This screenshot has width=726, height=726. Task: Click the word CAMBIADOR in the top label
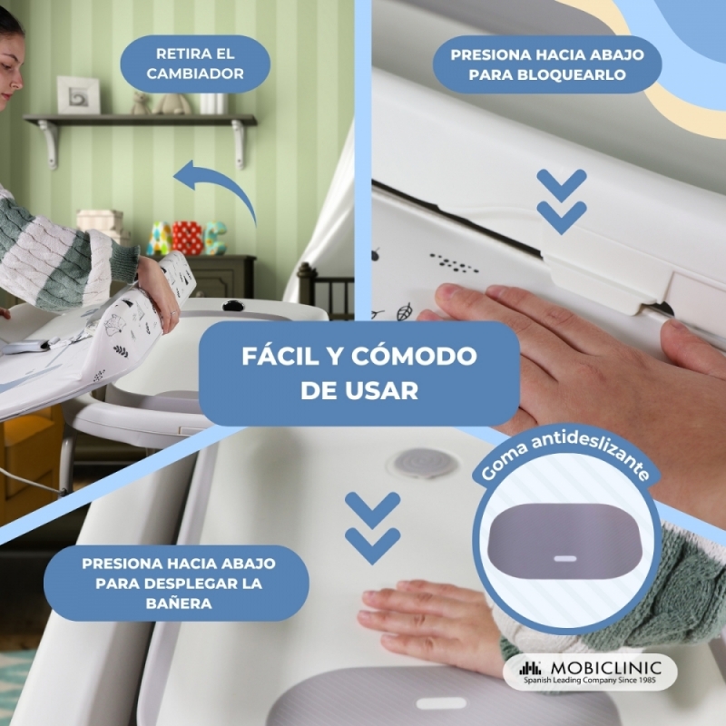pos(195,74)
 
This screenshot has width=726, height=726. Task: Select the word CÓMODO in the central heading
pos(414,356)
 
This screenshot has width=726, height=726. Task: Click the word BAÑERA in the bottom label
pos(179,603)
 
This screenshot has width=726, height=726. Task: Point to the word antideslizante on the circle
pos(592,454)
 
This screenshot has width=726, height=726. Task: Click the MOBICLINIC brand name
pos(606,668)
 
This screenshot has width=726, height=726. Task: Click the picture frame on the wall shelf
pos(78,95)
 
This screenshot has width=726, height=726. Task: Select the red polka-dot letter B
pos(187,237)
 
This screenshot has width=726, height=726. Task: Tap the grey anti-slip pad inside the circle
pos(565,542)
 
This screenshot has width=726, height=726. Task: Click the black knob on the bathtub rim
pos(233,306)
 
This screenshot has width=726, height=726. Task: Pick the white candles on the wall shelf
pos(213,103)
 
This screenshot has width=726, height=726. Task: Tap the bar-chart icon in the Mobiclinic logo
pos(530,668)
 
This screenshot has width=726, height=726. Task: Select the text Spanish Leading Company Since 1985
pos(589,680)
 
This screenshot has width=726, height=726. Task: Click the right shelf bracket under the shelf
pos(239,143)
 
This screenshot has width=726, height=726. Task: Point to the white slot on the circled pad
pos(565,558)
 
